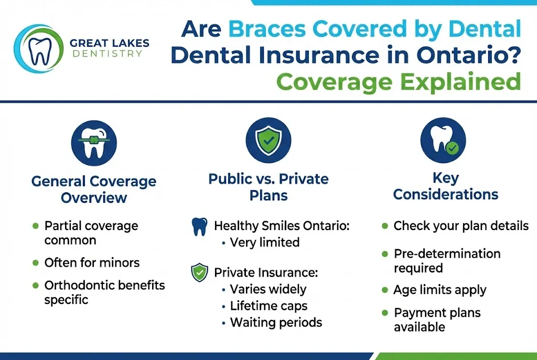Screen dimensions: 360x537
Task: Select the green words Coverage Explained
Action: [398, 82]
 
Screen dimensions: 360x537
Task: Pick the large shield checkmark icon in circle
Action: [268, 139]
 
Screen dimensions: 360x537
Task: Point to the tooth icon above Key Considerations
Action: [443, 139]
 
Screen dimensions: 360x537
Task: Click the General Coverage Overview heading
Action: [94, 189]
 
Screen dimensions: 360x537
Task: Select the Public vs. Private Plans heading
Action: [268, 187]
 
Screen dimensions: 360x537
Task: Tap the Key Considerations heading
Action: [445, 186]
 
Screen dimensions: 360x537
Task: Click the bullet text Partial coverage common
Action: [91, 233]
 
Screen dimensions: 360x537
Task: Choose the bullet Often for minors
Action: [92, 262]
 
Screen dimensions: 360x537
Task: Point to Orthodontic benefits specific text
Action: [104, 292]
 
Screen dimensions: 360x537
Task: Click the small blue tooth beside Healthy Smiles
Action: [199, 227]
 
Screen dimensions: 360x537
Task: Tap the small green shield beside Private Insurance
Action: [199, 272]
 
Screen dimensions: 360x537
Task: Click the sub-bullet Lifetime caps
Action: [268, 306]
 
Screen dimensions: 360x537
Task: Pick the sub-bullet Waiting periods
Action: [276, 322]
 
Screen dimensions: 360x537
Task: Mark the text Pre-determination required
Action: [447, 260]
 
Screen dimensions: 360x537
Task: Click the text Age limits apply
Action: [440, 290]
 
